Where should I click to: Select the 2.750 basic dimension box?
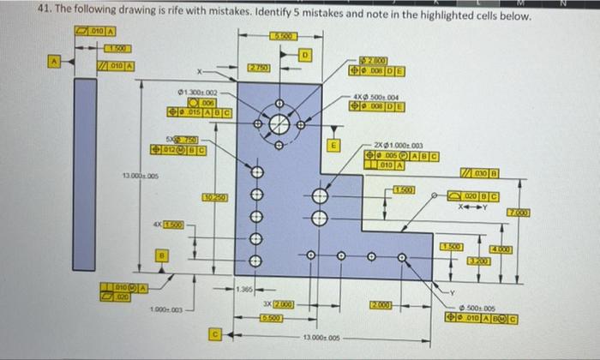coord(258,67)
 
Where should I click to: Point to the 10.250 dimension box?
coord(214,199)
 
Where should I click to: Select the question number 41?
coord(46,17)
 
